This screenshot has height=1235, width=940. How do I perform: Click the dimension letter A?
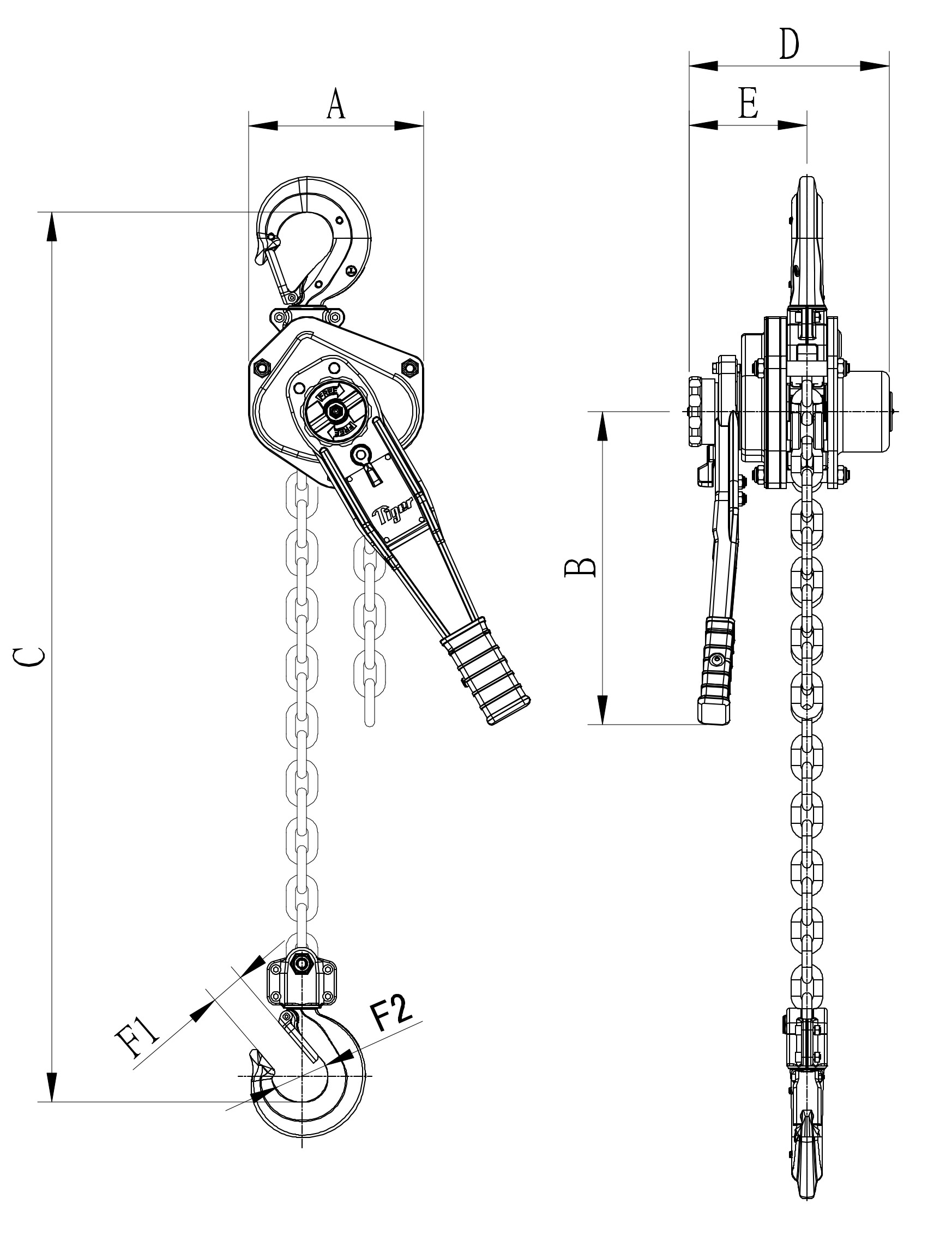coord(336,104)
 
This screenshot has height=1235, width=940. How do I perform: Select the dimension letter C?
coord(28,657)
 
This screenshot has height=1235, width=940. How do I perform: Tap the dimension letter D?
coord(790,44)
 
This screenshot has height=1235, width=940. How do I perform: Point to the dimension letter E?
coord(748,104)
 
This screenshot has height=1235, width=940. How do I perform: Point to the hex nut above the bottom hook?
coord(303,963)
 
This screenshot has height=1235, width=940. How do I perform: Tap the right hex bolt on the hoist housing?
coord(408,367)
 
